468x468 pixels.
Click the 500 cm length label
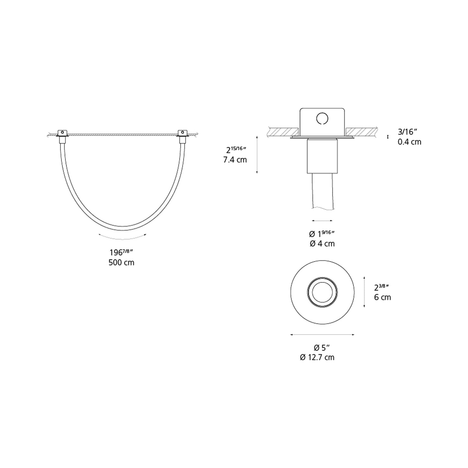(121, 262)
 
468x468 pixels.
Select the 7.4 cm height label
(235, 160)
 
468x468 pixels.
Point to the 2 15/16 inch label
(236, 150)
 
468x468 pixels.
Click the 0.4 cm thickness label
(409, 142)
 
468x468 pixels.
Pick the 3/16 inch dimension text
(407, 132)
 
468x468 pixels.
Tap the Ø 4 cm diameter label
(322, 244)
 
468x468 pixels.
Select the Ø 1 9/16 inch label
(322, 234)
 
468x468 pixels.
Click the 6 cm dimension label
(382, 297)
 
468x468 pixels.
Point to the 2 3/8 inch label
(382, 287)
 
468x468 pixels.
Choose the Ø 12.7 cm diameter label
(317, 357)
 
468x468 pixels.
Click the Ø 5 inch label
(322, 348)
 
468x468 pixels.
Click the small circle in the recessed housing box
(322, 118)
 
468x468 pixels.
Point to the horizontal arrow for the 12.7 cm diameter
(322, 335)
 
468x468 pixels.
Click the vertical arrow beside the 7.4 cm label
(257, 155)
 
